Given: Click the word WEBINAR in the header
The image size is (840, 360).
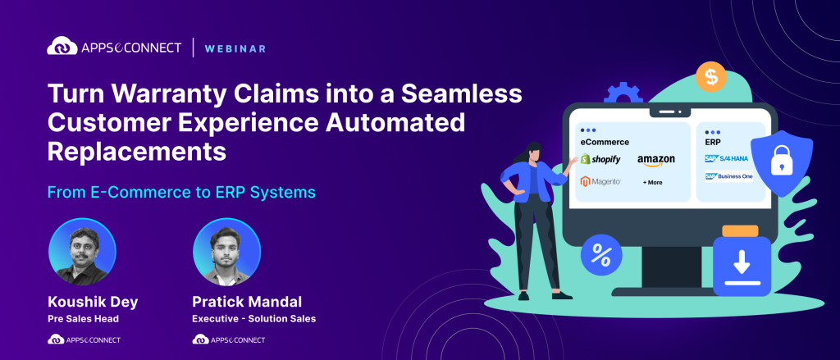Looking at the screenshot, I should tap(236, 48).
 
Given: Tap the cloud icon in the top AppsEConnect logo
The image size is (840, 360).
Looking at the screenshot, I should tap(63, 47).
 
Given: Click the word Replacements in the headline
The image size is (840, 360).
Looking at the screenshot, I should tap(136, 151).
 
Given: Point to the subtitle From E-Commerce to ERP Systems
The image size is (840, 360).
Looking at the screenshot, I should tap(181, 193).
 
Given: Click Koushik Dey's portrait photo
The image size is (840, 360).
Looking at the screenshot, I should tap(82, 252).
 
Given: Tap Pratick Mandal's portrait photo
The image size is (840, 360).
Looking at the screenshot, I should tap(226, 252).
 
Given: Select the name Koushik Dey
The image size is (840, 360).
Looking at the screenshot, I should tap(93, 301).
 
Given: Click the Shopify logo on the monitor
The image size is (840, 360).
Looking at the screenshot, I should tap(600, 159).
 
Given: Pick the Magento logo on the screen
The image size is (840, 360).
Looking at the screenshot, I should tap(600, 181).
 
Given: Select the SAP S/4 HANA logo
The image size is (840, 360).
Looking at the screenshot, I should tap(728, 158).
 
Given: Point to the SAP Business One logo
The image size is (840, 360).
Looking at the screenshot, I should tap(728, 176).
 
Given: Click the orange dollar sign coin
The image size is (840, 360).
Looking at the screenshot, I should tap(710, 77).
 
